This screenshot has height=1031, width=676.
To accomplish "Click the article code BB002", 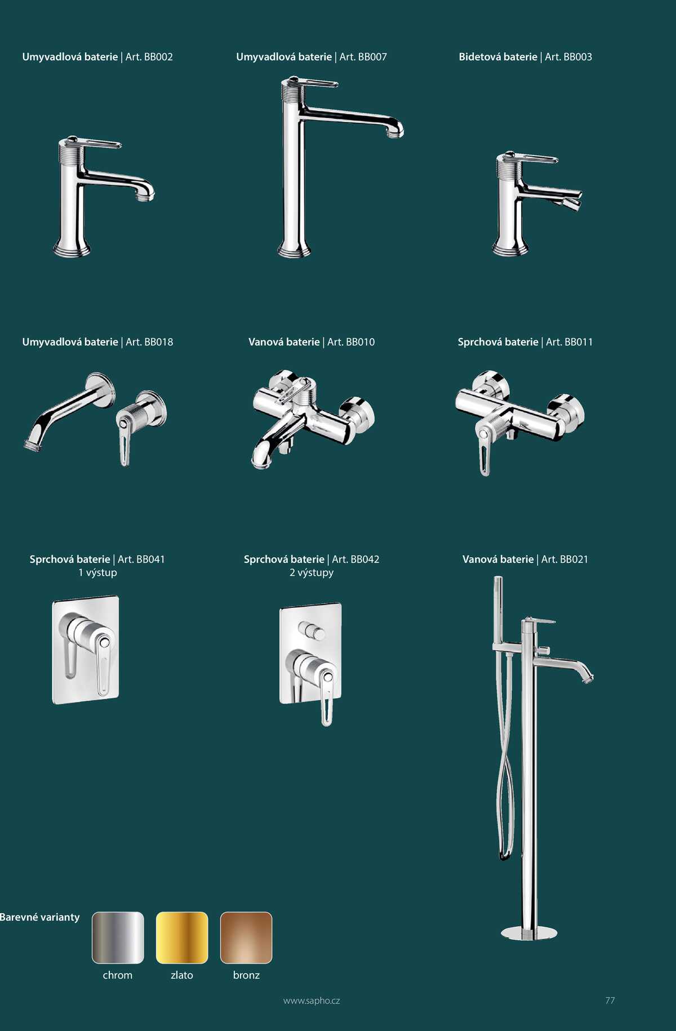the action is [158, 57].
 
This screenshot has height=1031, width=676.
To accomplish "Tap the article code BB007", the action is [372, 57].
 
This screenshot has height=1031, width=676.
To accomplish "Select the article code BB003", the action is [577, 57].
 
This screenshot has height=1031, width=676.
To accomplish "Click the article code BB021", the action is [574, 559].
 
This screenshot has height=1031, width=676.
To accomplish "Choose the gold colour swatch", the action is [182, 937].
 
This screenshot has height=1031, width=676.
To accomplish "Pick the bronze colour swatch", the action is [246, 937].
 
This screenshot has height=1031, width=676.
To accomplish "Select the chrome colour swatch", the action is [118, 937].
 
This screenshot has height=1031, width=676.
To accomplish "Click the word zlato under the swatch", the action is [182, 975].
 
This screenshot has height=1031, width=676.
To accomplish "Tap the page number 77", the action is [610, 1001].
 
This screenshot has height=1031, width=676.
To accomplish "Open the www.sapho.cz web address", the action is [312, 1001].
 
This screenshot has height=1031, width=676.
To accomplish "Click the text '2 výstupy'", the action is [312, 572].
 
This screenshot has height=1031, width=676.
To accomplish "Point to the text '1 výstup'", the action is [97, 572].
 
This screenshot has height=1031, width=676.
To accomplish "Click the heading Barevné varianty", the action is [39, 917].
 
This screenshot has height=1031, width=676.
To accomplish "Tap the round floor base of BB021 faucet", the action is [529, 933].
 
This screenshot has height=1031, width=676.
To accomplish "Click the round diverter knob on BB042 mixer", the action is [312, 631].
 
